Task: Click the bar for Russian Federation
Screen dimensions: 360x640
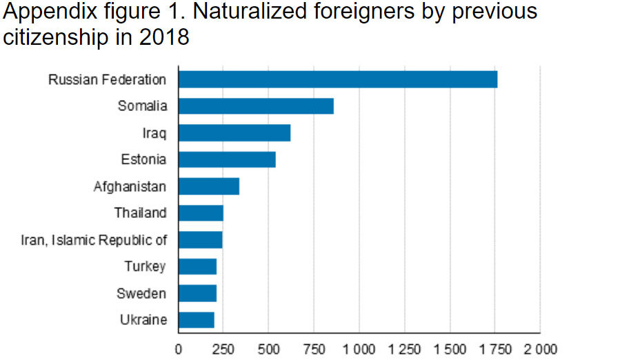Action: click(338, 79)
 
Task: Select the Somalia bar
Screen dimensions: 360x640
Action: click(256, 106)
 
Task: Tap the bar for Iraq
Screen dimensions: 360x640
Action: click(234, 132)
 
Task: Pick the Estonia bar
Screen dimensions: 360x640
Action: click(227, 159)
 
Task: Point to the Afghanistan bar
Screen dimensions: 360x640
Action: click(209, 186)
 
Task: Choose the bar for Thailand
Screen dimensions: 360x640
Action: click(201, 213)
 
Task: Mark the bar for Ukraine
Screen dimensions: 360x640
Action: click(197, 320)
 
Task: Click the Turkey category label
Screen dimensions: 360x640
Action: click(145, 266)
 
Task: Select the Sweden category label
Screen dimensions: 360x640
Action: click(141, 294)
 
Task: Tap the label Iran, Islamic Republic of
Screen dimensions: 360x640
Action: click(94, 240)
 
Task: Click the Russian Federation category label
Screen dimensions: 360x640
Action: click(107, 79)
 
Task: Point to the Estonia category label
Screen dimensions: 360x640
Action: click(143, 159)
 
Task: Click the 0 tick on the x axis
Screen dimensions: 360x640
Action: click(179, 348)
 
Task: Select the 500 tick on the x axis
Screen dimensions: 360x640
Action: click(269, 348)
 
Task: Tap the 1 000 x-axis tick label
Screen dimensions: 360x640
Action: click(359, 348)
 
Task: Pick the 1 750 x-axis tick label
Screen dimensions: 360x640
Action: click(495, 348)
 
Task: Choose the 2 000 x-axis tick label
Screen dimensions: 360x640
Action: click(540, 348)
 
